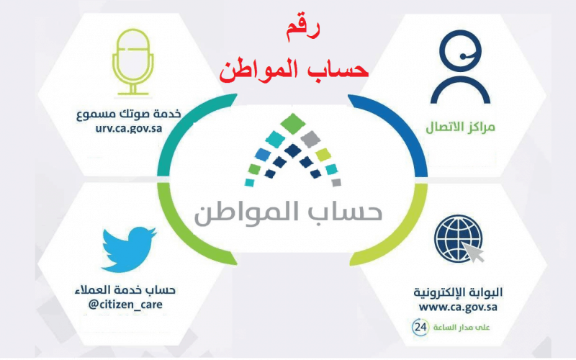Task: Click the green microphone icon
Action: point(132,62)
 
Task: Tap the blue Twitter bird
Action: point(130,249)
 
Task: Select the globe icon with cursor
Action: point(459,239)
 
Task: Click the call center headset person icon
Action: point(460,67)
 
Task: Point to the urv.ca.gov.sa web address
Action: point(129,129)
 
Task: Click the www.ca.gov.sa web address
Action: point(458,307)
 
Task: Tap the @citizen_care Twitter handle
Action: point(125,305)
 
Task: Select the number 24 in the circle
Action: point(420,327)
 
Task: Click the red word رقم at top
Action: point(302,30)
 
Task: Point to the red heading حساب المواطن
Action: point(294,70)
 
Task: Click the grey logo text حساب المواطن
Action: point(288,214)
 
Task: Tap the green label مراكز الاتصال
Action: point(460,127)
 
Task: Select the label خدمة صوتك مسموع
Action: point(129,114)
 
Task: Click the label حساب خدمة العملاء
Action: point(125,290)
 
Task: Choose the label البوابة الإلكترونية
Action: point(458,292)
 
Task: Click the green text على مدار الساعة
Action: point(462,328)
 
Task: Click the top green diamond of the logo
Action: point(293,123)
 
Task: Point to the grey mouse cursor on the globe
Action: point(473,251)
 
